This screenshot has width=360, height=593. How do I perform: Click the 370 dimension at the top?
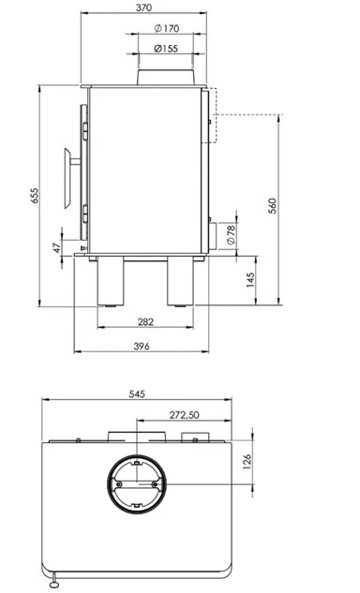[143, 7]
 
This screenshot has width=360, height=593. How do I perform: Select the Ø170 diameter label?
[167, 28]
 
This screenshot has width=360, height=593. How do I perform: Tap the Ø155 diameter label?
[166, 49]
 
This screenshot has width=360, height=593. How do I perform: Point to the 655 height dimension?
[35, 196]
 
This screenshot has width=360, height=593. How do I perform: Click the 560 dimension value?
[273, 206]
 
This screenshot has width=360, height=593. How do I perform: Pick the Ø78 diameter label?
[231, 234]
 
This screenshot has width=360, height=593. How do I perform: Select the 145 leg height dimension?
[250, 280]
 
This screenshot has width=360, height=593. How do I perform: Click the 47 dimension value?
[56, 248]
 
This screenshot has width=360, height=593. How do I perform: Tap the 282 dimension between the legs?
[145, 322]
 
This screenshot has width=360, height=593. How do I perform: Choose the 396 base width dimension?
[142, 346]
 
